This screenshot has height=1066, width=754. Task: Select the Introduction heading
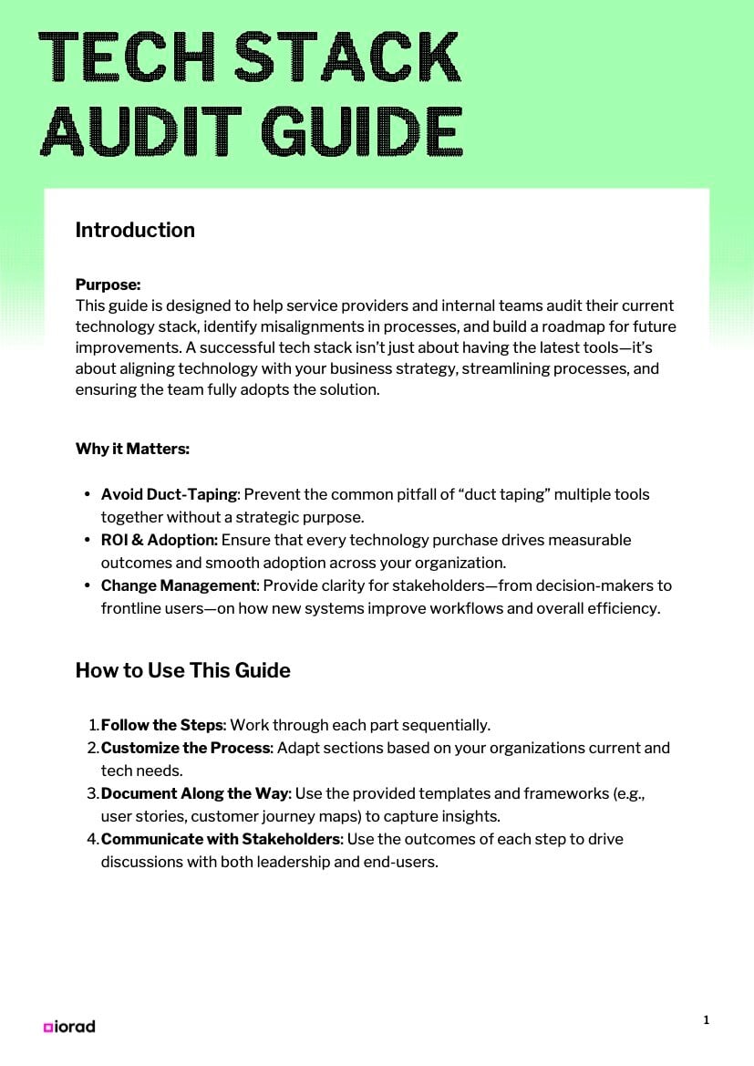pos(135,230)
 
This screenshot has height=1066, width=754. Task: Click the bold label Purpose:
pos(108,285)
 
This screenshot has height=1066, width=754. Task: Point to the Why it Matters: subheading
pos(132,449)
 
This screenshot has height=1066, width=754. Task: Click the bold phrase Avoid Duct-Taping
pos(169,494)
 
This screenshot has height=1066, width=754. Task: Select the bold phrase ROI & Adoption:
pos(159,540)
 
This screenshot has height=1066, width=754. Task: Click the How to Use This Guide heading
pos(182,670)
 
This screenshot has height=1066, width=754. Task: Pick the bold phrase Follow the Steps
pos(161,725)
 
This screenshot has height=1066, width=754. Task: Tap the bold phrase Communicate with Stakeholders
pos(220,838)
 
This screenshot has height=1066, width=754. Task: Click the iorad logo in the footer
pos(69,1026)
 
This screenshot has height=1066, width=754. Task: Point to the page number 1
pos(706,1019)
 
